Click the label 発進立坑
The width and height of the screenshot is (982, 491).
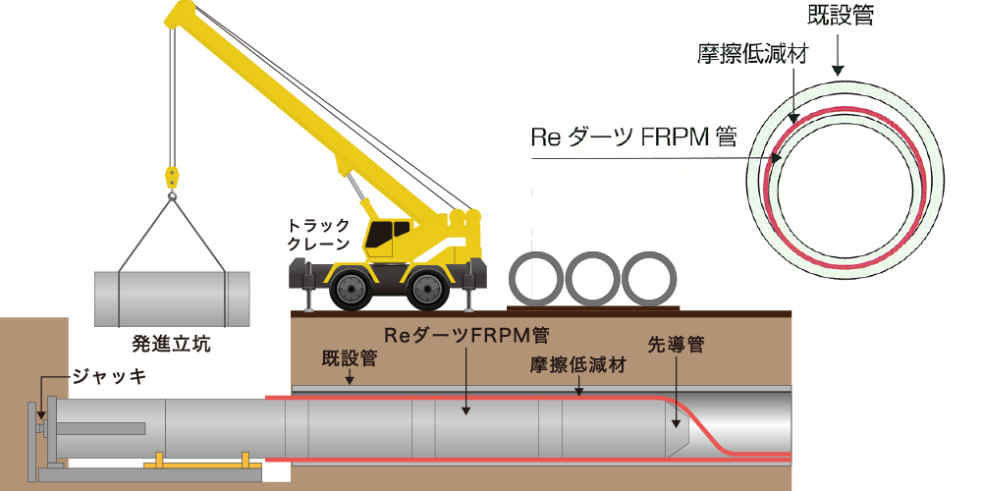[172, 344]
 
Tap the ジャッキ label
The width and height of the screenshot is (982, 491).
[109, 376]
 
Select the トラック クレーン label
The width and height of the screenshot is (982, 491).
[317, 235]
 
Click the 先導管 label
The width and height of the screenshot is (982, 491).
[677, 345]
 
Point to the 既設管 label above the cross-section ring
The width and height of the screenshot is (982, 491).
[840, 15]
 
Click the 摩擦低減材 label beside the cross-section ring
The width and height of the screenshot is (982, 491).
[752, 54]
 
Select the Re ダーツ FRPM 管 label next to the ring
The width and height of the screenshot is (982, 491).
[633, 136]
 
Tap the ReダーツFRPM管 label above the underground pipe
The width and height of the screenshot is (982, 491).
[466, 336]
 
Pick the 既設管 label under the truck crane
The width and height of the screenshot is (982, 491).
[350, 358]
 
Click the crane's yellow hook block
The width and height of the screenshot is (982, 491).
[172, 177]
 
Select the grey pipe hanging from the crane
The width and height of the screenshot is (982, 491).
[172, 299]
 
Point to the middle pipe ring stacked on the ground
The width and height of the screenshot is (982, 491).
[592, 279]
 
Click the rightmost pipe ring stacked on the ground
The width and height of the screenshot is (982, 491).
[649, 279]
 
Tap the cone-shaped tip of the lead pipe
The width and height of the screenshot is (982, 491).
[677, 429]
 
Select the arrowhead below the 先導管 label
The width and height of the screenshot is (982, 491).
[677, 423]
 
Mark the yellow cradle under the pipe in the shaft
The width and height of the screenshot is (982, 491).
[203, 463]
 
